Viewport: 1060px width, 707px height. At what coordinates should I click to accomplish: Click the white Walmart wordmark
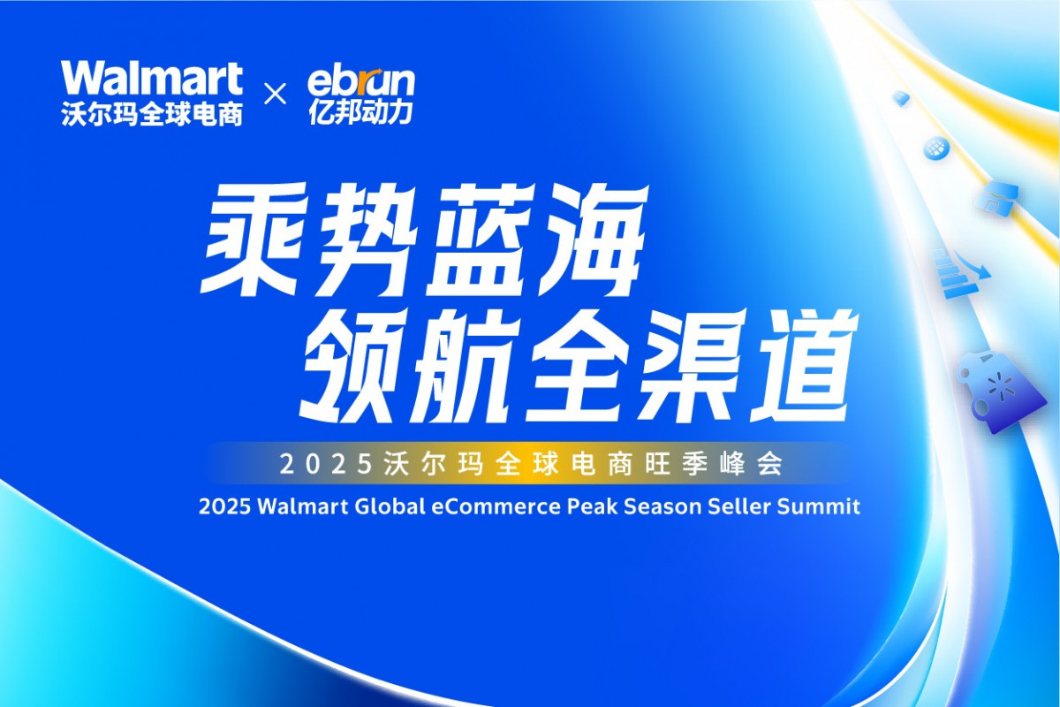151,78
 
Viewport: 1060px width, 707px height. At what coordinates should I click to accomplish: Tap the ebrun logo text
360,81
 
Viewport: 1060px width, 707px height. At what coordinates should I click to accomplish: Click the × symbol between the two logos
275,95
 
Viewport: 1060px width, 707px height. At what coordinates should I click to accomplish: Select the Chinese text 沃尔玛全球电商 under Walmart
152,114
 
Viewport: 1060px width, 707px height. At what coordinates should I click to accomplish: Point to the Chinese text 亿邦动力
360,113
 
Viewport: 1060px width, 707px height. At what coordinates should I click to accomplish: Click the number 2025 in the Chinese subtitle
326,465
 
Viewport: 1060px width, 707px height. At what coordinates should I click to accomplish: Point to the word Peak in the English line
592,506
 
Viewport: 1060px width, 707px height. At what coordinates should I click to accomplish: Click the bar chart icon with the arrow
962,273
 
